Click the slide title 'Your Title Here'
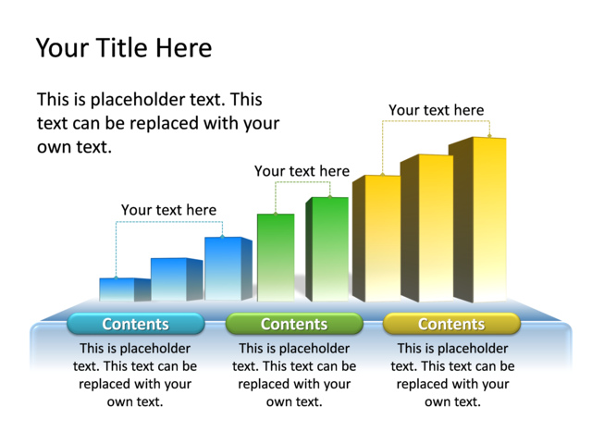pos(123,48)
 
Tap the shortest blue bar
pos(117,290)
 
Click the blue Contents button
pos(136,324)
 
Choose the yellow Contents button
pos(451,324)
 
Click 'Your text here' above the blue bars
pos(168,210)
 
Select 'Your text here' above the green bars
pos(302,171)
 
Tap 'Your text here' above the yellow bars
pos(436,110)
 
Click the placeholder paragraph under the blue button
pos(135,375)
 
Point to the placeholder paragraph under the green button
pos(294,375)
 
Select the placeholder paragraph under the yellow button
pos(452,375)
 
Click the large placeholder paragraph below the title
pos(157,123)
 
